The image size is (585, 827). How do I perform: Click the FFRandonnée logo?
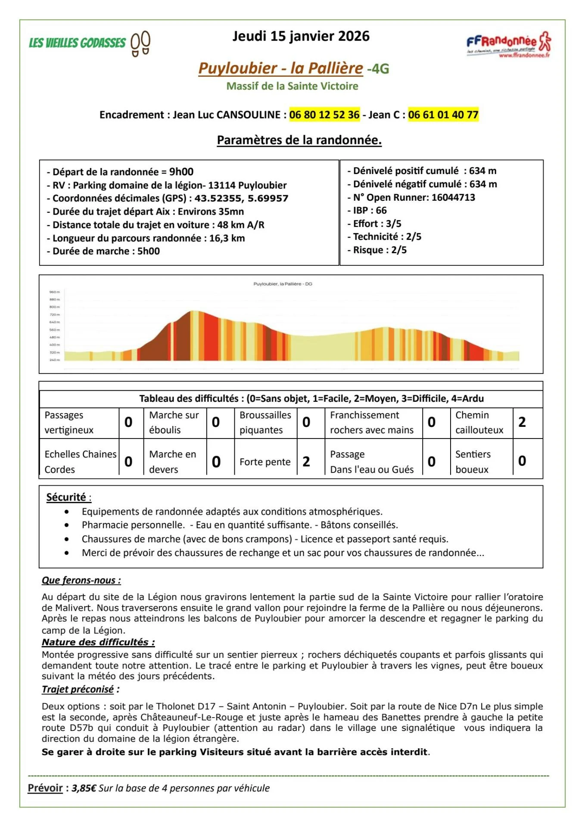click(508, 44)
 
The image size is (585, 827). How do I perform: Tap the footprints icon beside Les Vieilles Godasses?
click(140, 43)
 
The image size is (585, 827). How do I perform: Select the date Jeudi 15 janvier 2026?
click(301, 36)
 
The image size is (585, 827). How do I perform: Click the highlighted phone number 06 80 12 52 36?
click(324, 115)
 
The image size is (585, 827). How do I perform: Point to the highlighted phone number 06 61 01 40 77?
click(443, 115)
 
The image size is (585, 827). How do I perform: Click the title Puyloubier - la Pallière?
click(280, 68)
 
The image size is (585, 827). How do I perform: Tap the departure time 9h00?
click(181, 172)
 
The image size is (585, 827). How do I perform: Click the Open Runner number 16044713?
click(453, 197)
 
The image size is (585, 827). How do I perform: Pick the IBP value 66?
click(381, 211)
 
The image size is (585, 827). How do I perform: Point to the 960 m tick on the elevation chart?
click(55, 292)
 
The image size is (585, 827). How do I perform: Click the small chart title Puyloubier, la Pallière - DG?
click(283, 284)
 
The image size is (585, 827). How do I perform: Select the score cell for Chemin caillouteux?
click(522, 422)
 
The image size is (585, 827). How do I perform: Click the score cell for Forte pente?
click(306, 462)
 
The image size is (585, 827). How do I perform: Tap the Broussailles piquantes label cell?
click(265, 422)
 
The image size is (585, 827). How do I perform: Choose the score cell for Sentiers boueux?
click(522, 461)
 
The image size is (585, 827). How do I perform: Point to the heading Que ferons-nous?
click(81, 580)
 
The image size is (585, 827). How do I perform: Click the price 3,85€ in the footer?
click(84, 788)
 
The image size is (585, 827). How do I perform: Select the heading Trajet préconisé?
click(78, 689)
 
